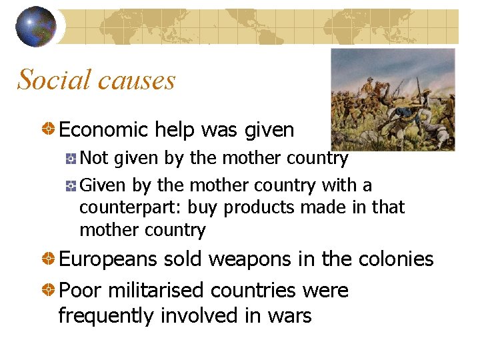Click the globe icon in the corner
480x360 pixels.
click(36, 26)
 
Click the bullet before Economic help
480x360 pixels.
click(49, 129)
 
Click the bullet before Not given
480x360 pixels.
click(71, 159)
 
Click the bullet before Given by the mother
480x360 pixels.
click(71, 185)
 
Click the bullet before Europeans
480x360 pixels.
click(49, 259)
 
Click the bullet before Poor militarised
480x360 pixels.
click(49, 291)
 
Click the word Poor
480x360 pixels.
click(79, 291)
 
